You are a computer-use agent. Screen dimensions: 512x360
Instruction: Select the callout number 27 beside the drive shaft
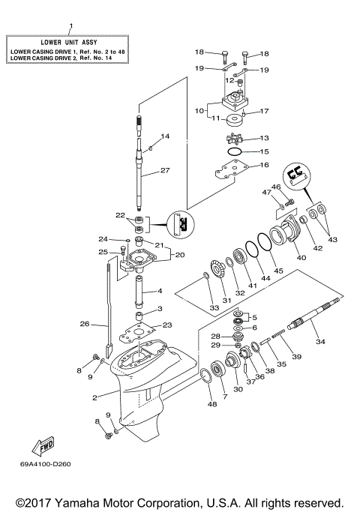(x=164, y=170)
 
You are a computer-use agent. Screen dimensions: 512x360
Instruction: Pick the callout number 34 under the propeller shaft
(x=321, y=342)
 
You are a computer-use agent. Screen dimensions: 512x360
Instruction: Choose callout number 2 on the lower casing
(x=94, y=397)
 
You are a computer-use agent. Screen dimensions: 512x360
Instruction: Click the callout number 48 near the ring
(x=211, y=406)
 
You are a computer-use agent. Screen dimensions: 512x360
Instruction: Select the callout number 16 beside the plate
(x=264, y=165)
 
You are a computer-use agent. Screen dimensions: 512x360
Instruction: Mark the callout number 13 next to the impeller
(x=263, y=138)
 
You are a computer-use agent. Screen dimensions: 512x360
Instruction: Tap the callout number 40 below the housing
(x=301, y=258)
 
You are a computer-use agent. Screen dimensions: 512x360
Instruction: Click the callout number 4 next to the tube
(x=158, y=291)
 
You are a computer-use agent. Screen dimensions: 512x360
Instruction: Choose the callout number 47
(x=265, y=193)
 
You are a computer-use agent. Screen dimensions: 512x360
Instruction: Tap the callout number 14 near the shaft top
(x=165, y=136)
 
